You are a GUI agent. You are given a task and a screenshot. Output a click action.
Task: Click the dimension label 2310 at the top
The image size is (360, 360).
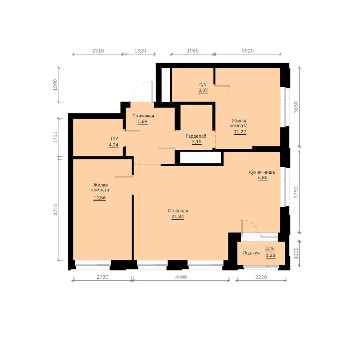(x=98, y=51)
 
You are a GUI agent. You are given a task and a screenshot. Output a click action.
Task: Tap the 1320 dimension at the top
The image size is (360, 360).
(x=140, y=51)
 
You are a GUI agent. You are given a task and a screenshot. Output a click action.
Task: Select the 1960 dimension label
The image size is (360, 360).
(x=193, y=51)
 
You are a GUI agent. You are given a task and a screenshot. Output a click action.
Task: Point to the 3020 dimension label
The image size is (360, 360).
(x=248, y=51)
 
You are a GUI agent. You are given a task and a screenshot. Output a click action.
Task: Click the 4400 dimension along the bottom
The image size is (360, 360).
(x=181, y=277)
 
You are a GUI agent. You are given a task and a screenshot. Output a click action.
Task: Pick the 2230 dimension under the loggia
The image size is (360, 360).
(x=261, y=277)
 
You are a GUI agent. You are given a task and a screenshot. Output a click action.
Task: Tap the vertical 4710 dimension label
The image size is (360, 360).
(x=55, y=210)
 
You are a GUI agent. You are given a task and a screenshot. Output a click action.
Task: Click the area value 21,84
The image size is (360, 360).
(x=178, y=216)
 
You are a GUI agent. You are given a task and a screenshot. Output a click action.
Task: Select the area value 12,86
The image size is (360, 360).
(x=99, y=198)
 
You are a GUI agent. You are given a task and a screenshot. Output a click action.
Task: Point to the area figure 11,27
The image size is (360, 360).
(x=240, y=132)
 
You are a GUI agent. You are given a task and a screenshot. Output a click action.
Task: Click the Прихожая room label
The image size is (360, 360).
(x=143, y=116)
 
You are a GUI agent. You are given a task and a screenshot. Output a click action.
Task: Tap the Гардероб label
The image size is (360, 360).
(x=196, y=136)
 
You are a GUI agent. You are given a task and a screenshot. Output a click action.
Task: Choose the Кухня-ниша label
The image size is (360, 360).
(x=262, y=172)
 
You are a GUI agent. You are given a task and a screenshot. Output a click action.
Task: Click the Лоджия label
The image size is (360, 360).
(x=251, y=253)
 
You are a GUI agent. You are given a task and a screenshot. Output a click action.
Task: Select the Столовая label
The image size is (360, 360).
(x=178, y=211)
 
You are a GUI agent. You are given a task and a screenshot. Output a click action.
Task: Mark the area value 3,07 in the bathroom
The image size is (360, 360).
(x=203, y=90)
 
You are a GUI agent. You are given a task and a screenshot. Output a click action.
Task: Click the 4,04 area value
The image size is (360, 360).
(x=113, y=145)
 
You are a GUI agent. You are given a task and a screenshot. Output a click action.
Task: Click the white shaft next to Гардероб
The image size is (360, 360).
(x=201, y=157)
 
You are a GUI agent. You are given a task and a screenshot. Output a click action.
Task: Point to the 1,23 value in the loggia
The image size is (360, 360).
(x=270, y=256)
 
